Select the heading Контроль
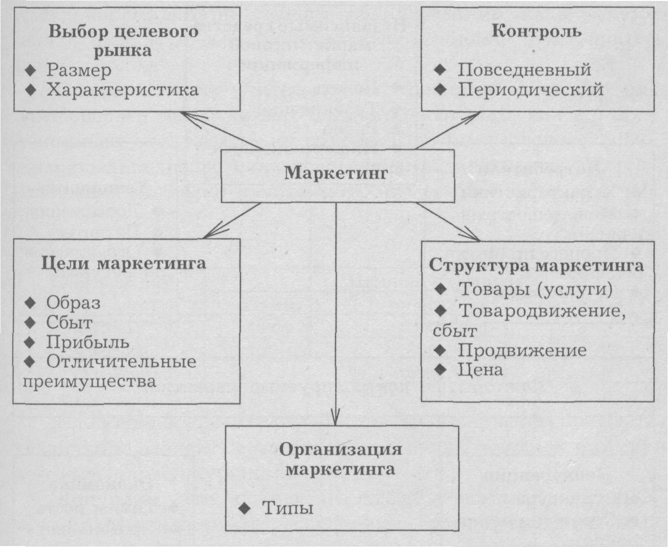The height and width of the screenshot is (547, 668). point(536,31)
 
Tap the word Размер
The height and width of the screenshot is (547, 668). point(79,70)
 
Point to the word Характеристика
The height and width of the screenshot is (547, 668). point(122,90)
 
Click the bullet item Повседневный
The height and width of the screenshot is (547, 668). point(524,70)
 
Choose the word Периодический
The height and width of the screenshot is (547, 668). point(531,89)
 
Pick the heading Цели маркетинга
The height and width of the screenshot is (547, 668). point(123,263)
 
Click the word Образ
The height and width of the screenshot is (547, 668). point(73,303)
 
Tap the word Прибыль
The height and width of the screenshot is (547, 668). point(88,342)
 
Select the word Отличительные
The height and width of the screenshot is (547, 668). point(121,362)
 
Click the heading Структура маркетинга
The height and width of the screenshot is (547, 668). point(536,265)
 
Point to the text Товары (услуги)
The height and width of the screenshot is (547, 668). point(535,289)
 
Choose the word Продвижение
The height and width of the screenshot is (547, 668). point(522,350)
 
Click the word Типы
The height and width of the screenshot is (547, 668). point(288,508)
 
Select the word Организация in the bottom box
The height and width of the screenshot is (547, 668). point(340,449)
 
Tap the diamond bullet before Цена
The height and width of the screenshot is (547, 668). point(441,370)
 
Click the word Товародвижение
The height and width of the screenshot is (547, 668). point(541,311)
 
